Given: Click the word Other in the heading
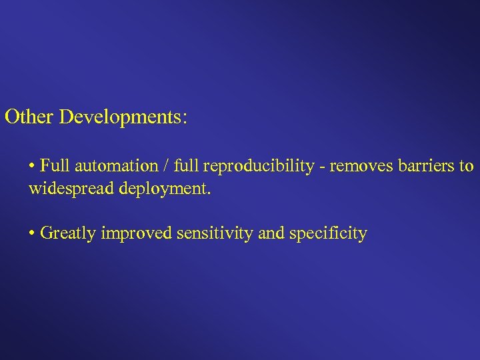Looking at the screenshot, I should click(x=29, y=117).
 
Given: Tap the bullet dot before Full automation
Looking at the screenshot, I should click(x=32, y=166).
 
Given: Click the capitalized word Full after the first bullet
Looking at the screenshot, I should click(x=52, y=165).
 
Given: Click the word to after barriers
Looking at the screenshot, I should click(x=466, y=165).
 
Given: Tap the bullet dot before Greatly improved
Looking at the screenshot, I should click(x=32, y=234).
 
